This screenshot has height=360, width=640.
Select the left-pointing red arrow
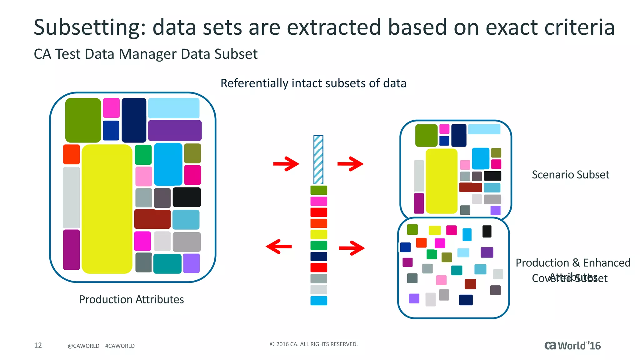pyautogui.click(x=278, y=247)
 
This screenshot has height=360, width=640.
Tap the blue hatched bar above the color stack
pyautogui.click(x=318, y=159)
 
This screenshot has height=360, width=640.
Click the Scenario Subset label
pyautogui.click(x=570, y=175)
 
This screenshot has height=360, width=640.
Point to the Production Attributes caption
pyautogui.click(x=131, y=299)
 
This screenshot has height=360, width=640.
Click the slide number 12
pyautogui.click(x=38, y=345)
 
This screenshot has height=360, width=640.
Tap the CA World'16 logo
pyautogui.click(x=572, y=346)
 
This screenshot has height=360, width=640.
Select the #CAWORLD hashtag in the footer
pyautogui.click(x=120, y=346)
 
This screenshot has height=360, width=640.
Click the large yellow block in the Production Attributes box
pyautogui.click(x=107, y=209)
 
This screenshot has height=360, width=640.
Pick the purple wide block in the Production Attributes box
pyautogui.click(x=175, y=130)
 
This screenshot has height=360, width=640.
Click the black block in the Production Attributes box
pyautogui.click(x=187, y=197)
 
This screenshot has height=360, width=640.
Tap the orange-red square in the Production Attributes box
pyautogui.click(x=72, y=154)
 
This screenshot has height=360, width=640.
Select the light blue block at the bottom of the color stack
pyautogui.click(x=318, y=301)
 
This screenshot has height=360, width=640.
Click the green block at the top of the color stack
pyautogui.click(x=318, y=190)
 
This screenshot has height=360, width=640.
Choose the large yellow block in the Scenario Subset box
pyautogui.click(x=441, y=181)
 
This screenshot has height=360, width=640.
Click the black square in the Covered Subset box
pyautogui.click(x=487, y=232)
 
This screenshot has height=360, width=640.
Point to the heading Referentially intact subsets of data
pyautogui.click(x=313, y=83)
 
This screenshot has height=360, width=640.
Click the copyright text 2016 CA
pyautogui.click(x=313, y=344)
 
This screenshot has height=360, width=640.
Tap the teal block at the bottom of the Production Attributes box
pyautogui.click(x=167, y=263)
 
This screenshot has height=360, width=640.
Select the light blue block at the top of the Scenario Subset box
pyautogui.click(x=484, y=129)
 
